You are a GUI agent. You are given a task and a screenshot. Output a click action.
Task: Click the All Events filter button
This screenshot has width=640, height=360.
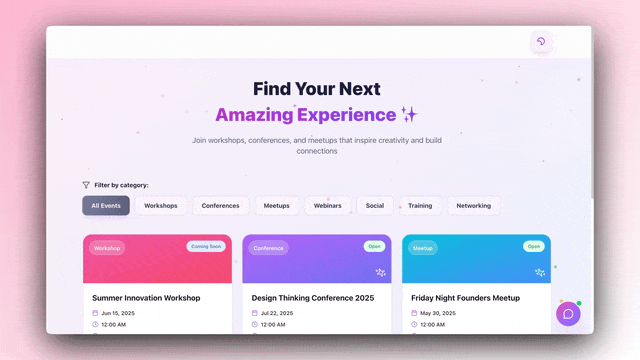[106, 206]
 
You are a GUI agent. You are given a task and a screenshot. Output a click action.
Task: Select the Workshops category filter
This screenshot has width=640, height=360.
[161, 206]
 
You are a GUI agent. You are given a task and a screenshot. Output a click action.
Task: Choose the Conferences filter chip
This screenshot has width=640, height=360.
[220, 206]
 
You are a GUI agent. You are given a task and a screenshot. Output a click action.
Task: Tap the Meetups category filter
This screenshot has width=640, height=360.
[276, 206]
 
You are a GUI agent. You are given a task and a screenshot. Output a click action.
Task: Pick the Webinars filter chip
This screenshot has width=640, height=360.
[328, 206]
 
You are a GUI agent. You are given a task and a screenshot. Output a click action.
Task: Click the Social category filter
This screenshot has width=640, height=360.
[375, 206]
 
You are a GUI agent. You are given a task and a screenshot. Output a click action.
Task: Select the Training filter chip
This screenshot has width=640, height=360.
[420, 206]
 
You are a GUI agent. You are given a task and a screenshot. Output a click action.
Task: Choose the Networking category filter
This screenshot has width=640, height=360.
[474, 206]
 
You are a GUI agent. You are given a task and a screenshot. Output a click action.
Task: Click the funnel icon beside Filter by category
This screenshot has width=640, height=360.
[86, 185]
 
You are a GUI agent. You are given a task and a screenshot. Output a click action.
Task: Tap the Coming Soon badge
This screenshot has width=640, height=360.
[205, 246]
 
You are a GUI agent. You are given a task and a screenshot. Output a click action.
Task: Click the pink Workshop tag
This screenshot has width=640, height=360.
[107, 248]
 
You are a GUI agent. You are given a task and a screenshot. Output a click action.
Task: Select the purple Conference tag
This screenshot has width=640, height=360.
[268, 248]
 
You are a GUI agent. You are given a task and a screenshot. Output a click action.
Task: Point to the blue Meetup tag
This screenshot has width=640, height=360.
[422, 248]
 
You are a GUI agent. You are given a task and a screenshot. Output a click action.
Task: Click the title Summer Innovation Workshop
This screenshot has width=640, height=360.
[146, 298]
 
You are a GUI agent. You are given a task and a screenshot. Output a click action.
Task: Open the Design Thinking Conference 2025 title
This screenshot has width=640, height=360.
[313, 298]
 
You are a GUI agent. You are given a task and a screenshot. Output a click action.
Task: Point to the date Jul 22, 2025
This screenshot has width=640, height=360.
[277, 313]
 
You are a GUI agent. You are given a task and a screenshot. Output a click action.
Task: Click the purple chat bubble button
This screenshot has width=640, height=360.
[568, 314]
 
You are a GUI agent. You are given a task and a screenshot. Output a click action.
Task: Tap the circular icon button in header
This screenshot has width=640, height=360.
[541, 42]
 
